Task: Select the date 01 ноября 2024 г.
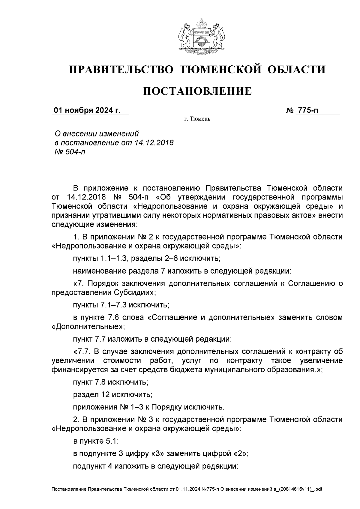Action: click(87, 110)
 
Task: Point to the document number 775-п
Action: click(307, 110)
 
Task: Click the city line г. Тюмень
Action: click(197, 119)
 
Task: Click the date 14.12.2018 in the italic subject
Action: click(154, 142)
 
